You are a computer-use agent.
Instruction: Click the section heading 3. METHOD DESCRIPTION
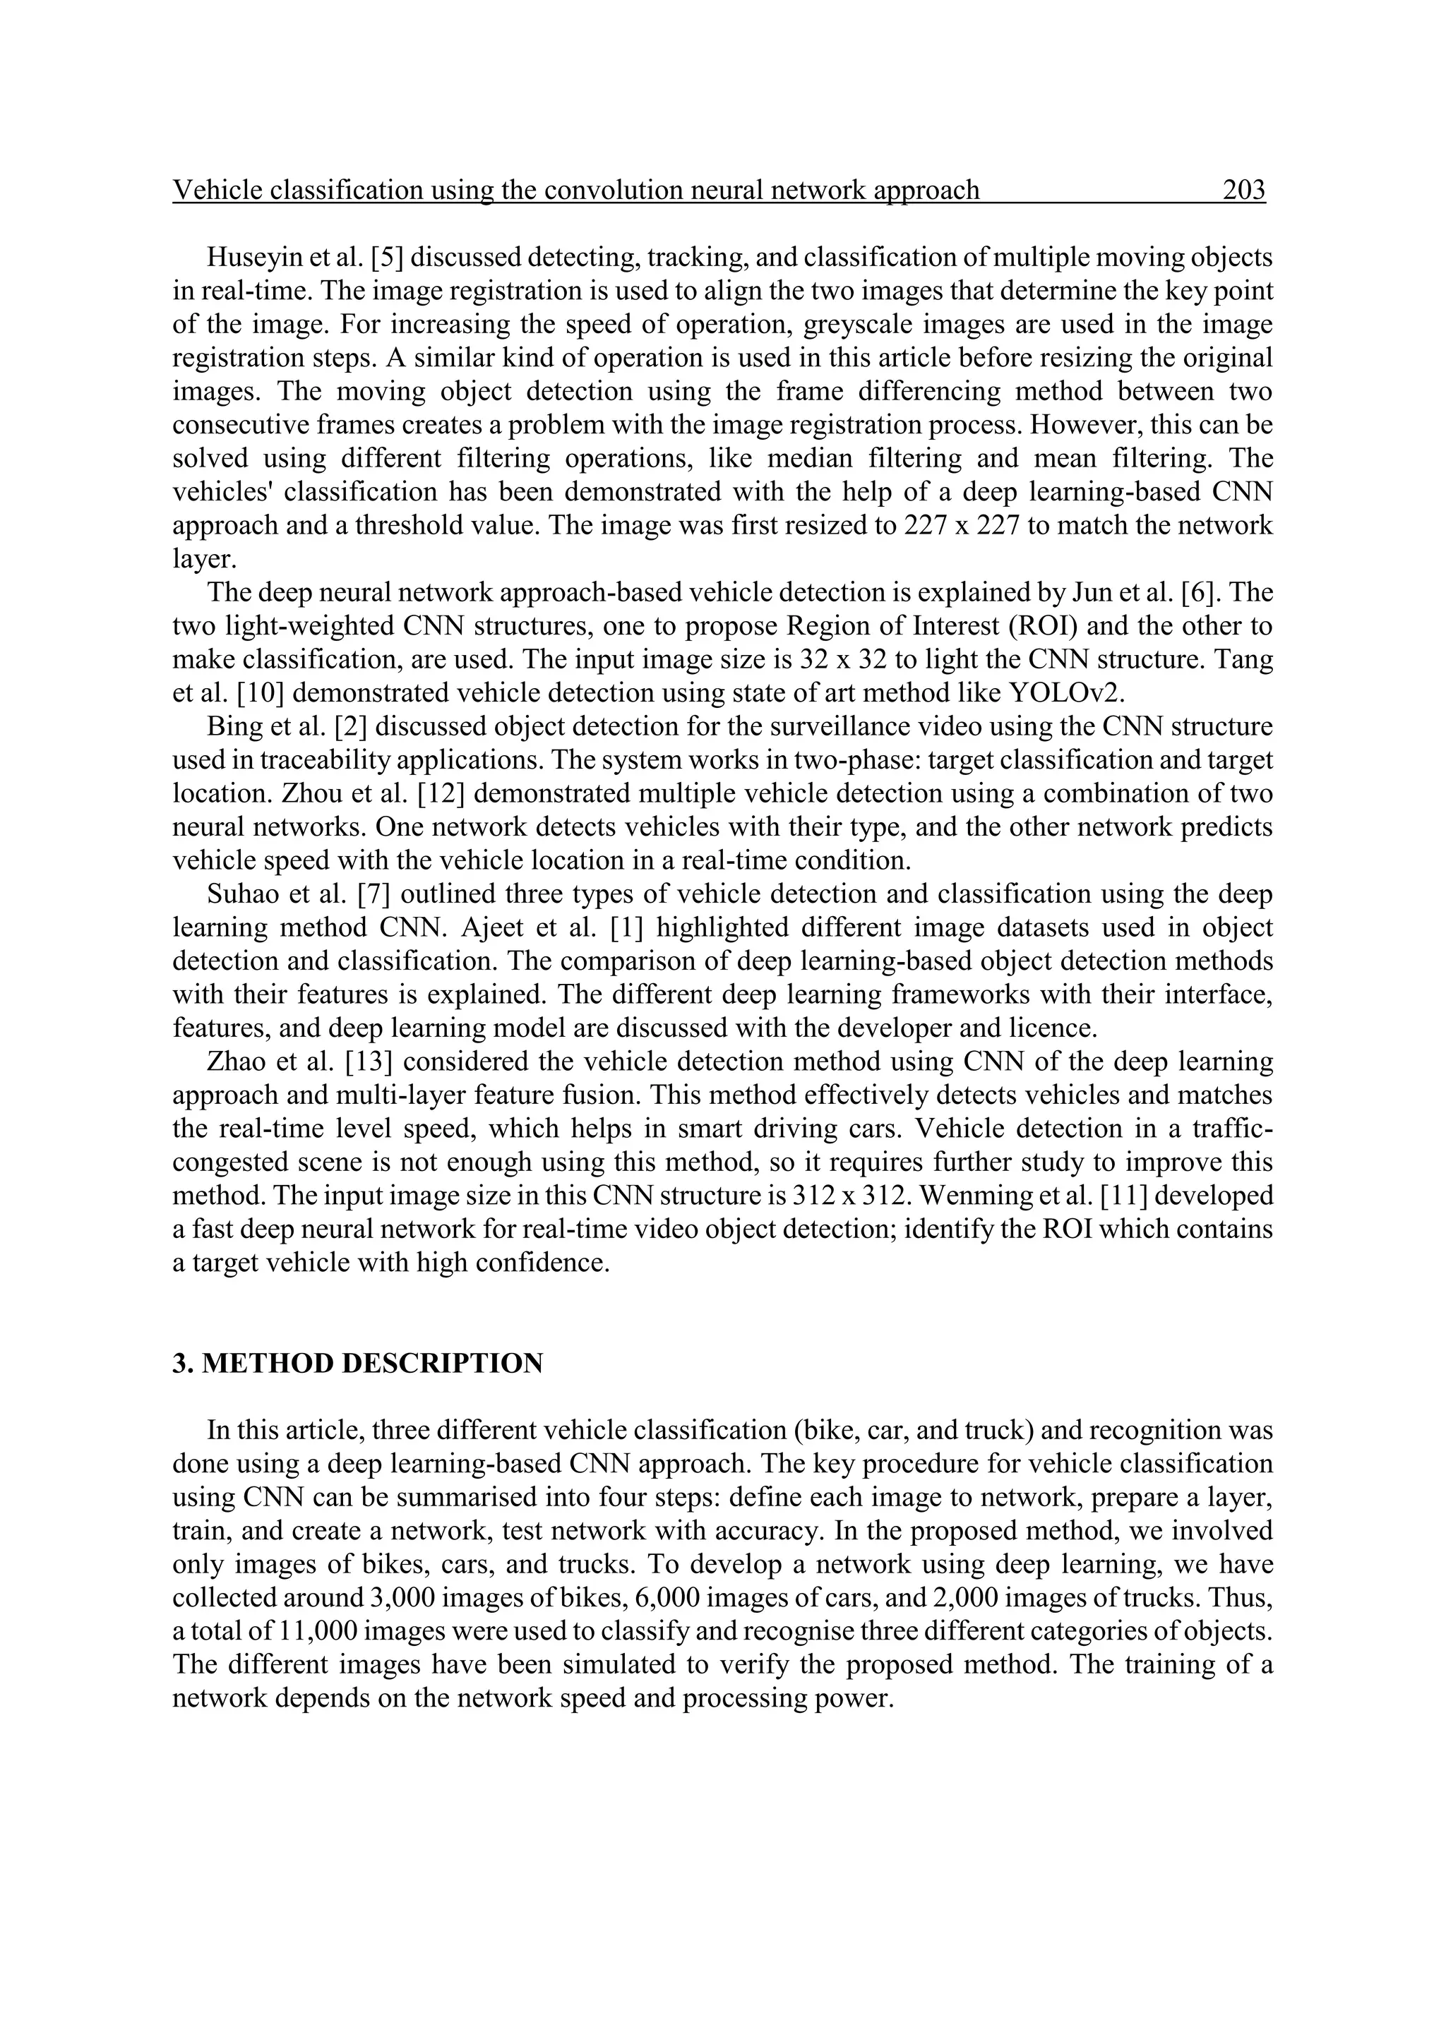click(357, 1364)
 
